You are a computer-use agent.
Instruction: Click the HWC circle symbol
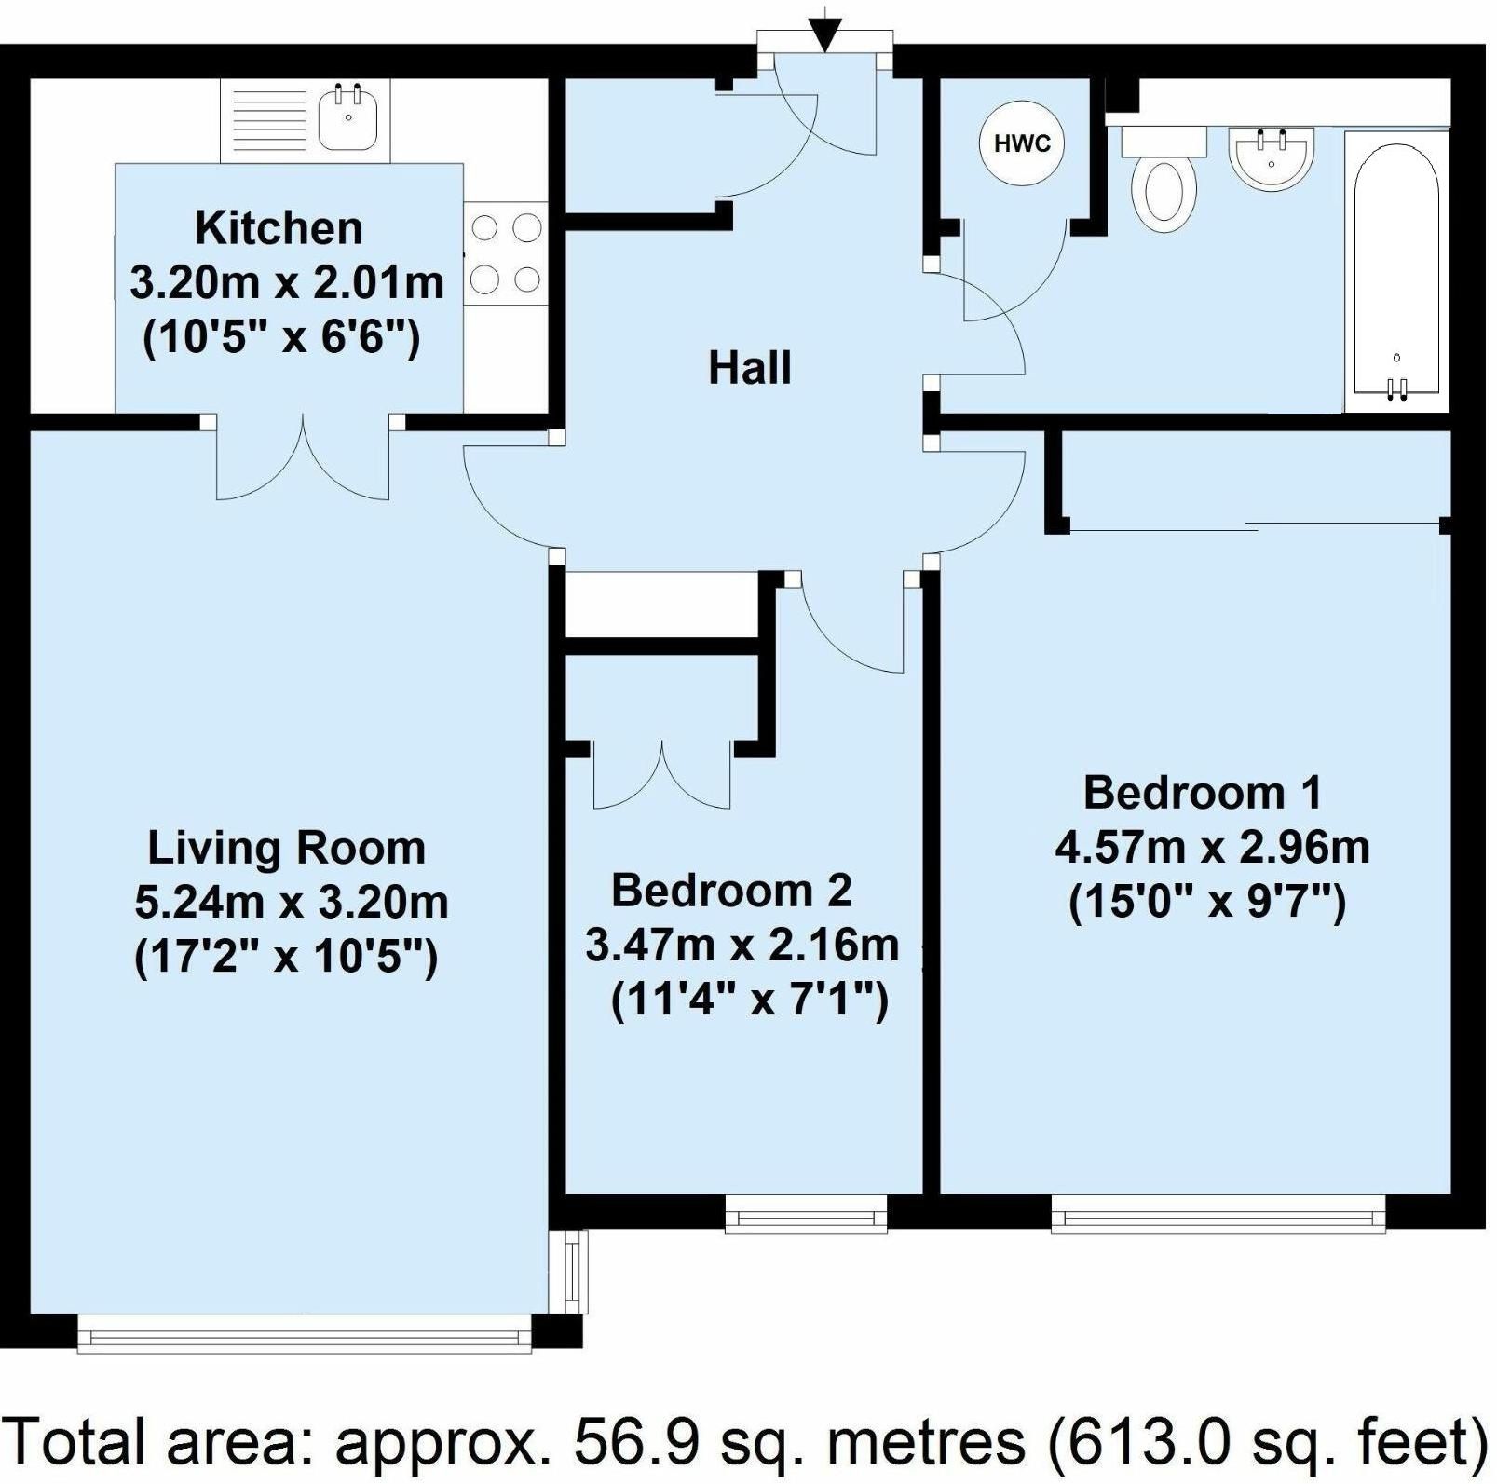point(1022,143)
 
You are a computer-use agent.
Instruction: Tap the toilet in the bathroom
point(1164,181)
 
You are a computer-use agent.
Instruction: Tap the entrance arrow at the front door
point(823,34)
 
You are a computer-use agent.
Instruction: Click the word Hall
point(750,368)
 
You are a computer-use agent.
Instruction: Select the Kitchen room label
point(279,228)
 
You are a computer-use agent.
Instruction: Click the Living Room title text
point(287,849)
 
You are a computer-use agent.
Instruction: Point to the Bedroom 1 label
point(1203,793)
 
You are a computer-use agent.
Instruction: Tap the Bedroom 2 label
point(731,891)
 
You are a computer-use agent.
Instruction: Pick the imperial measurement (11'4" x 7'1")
point(750,1001)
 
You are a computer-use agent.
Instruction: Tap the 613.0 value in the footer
point(1149,1442)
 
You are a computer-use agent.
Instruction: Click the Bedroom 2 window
point(806,1215)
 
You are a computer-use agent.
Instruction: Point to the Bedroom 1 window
point(1218,1215)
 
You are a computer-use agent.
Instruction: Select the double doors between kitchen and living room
point(304,456)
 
